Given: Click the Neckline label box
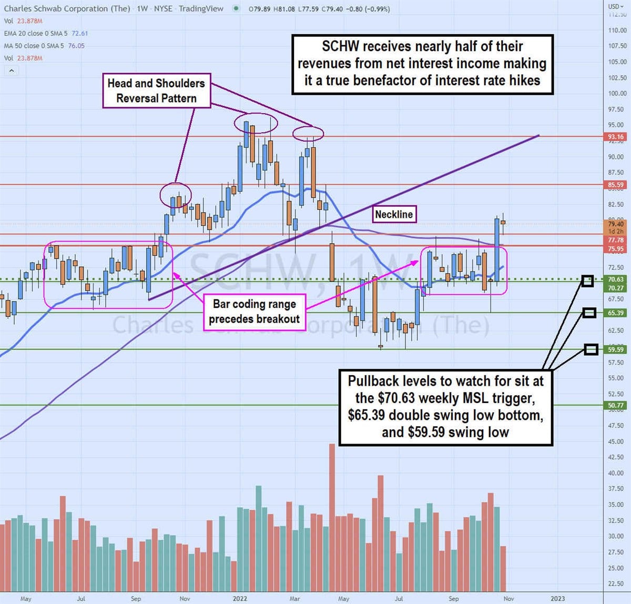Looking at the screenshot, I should click(x=394, y=214).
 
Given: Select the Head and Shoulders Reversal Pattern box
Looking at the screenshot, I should click(x=156, y=90).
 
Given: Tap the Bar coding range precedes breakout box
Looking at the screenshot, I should click(x=254, y=311).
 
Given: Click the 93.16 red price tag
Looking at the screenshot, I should click(x=615, y=137).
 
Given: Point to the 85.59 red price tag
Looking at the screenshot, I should click(x=615, y=185).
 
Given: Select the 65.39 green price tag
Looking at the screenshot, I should click(x=615, y=313).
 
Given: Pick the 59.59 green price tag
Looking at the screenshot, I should click(x=615, y=349).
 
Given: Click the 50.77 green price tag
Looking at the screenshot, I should click(x=615, y=406).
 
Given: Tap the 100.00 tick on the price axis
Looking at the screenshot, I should click(x=617, y=94).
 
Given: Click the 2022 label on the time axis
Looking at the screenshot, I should click(x=240, y=599).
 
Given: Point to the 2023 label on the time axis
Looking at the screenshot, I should click(x=557, y=599).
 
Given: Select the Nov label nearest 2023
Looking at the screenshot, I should click(x=508, y=599).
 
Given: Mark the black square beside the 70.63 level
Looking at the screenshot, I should click(x=587, y=281).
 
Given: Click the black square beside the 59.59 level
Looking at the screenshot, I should click(x=592, y=349).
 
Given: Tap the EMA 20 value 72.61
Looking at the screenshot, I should click(x=79, y=33).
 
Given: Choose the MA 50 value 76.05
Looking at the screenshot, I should click(x=76, y=46).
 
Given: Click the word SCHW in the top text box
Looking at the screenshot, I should click(x=340, y=46).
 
